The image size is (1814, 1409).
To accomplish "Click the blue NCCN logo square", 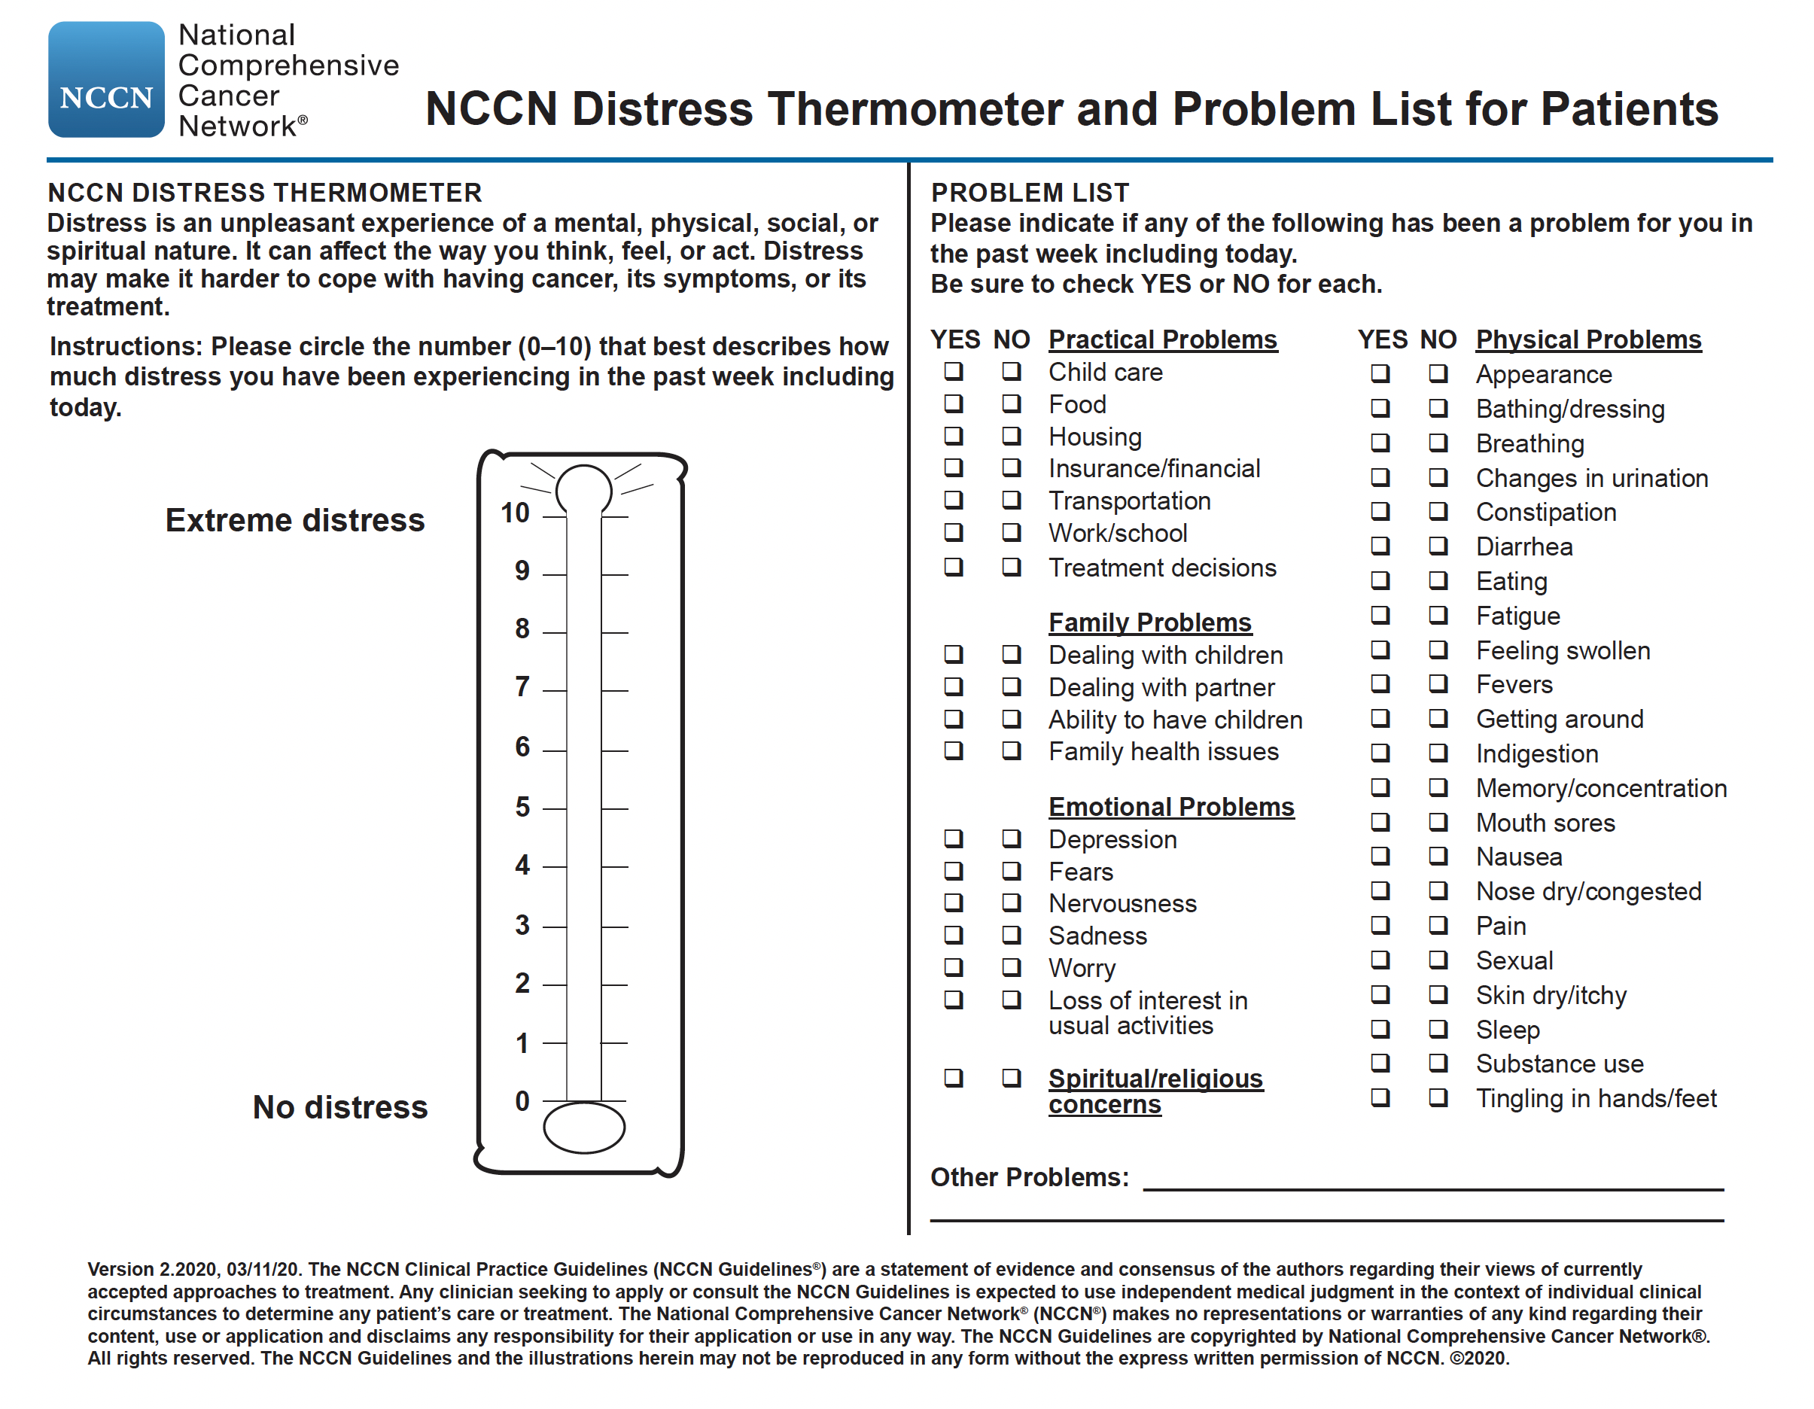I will [x=106, y=80].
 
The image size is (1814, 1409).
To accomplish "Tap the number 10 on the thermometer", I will [x=515, y=513].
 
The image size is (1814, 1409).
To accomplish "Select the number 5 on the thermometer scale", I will [x=522, y=807].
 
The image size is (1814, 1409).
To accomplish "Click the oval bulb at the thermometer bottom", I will [x=584, y=1128].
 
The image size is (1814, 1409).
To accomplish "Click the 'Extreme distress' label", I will [x=295, y=520].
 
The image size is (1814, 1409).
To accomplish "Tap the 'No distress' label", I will [x=339, y=1107].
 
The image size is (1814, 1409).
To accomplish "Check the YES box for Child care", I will [x=954, y=371].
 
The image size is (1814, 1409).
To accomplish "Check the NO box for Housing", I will [x=1011, y=435].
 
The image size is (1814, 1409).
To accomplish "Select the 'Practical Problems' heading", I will [x=1162, y=339].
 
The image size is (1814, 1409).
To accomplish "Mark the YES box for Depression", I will [x=954, y=838].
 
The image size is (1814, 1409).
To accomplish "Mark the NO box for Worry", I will [x=1011, y=967].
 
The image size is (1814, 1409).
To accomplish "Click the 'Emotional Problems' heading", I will [x=1170, y=807].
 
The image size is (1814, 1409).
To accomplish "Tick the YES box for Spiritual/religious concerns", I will [x=954, y=1079].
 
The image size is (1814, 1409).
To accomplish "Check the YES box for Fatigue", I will [x=1380, y=615].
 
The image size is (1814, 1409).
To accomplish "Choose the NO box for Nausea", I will [x=1438, y=856].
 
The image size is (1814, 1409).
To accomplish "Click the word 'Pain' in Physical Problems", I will [x=1501, y=926].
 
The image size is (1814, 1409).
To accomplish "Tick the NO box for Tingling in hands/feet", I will [x=1438, y=1097].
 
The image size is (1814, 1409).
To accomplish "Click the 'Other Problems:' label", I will [x=1029, y=1177].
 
